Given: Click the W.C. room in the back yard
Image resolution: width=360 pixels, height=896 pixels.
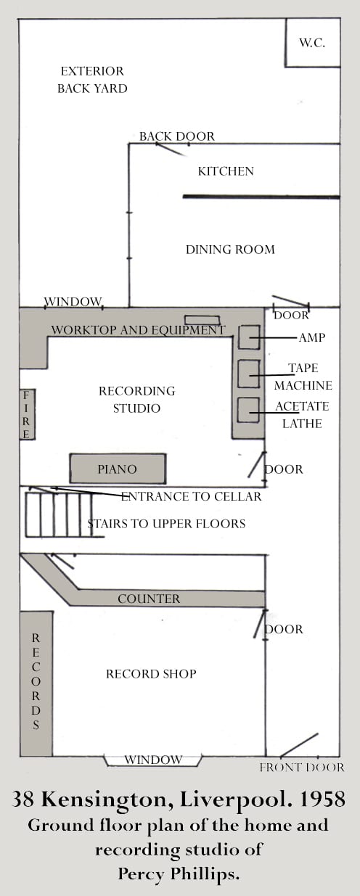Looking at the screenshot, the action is [312, 42].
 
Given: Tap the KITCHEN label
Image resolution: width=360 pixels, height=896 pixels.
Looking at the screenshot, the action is [226, 171].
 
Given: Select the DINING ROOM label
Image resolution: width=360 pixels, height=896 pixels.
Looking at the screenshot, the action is [230, 250].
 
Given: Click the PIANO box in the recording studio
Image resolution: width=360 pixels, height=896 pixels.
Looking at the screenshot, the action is [118, 469].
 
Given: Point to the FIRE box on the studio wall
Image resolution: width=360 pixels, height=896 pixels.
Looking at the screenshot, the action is [27, 415].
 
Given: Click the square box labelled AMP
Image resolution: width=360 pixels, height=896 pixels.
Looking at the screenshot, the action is [249, 337].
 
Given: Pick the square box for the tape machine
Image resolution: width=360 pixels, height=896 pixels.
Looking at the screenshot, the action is [249, 374].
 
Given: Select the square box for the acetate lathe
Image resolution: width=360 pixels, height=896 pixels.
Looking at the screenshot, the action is [248, 410].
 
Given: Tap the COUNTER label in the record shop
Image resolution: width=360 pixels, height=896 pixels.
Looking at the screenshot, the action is [149, 599].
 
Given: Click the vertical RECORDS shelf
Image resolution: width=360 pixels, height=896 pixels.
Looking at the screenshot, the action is [36, 683].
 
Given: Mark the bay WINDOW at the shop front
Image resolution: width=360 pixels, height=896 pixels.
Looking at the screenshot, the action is [153, 760].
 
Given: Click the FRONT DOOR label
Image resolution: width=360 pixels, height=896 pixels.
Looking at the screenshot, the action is [302, 767].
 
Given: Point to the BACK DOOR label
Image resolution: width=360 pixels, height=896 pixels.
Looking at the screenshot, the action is [177, 136].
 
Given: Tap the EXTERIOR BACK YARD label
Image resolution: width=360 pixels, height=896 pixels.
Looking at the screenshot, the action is [92, 80].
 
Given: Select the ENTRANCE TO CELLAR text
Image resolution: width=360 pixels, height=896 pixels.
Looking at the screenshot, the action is [191, 496].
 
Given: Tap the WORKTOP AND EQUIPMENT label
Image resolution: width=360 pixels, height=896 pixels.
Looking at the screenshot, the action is [138, 330].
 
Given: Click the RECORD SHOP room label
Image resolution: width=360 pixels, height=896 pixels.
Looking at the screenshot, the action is [151, 674].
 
